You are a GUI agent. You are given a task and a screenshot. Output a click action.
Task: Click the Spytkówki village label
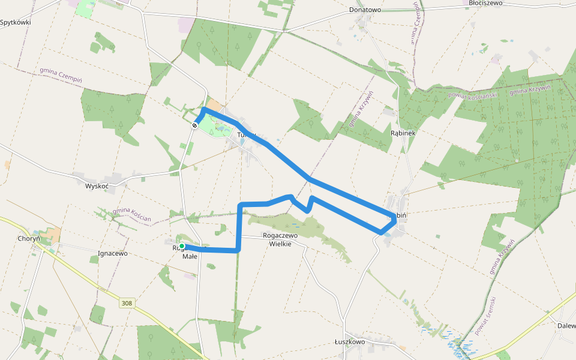[x=16, y=22]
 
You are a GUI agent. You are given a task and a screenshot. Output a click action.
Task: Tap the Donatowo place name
[x=365, y=10]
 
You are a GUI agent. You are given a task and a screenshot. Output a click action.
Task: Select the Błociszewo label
[x=486, y=3]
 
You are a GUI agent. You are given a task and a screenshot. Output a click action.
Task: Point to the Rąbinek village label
[x=403, y=133]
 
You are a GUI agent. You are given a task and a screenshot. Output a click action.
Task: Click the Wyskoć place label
[x=97, y=186]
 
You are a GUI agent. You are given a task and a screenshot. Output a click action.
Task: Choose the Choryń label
[x=29, y=238]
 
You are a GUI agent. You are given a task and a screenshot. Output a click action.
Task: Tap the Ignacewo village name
[x=113, y=253]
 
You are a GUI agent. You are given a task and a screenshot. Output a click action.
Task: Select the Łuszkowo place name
[x=350, y=341]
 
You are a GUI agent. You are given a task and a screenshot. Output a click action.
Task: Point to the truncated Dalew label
[x=566, y=326]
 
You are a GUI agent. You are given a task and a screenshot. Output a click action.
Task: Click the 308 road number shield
[x=126, y=303]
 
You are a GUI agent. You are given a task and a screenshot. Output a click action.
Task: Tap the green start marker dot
[x=182, y=246]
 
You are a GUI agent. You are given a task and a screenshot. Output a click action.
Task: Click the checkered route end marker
[x=195, y=125]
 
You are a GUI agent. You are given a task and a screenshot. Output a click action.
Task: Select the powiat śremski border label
[x=485, y=316]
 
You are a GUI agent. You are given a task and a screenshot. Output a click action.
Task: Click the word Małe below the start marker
[x=190, y=256]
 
